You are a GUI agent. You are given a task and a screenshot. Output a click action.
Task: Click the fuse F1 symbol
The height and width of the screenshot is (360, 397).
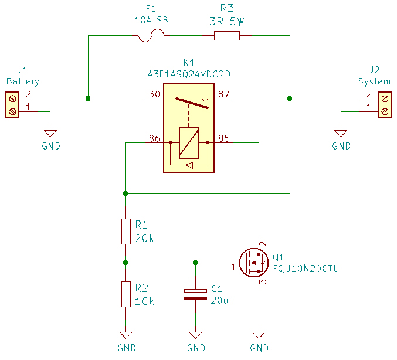click(x=151, y=36)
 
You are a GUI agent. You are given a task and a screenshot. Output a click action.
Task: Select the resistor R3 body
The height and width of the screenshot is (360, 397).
click(x=227, y=36)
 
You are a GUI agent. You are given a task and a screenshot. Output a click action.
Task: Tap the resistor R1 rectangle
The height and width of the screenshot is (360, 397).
click(x=125, y=231)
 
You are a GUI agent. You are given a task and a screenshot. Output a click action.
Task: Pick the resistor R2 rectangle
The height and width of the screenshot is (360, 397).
click(x=125, y=294)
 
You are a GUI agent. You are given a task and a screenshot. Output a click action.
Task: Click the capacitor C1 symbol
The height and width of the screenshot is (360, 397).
click(x=195, y=294)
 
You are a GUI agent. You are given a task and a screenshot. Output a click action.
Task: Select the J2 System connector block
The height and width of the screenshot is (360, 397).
click(x=384, y=104)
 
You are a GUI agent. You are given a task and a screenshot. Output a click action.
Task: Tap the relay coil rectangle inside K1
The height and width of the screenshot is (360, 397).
click(x=189, y=142)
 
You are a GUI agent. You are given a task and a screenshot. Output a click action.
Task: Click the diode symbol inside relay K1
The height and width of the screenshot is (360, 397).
click(x=189, y=165)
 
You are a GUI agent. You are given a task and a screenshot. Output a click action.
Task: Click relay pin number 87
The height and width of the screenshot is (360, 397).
click(x=223, y=94)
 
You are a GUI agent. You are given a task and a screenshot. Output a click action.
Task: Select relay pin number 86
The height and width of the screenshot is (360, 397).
click(x=154, y=138)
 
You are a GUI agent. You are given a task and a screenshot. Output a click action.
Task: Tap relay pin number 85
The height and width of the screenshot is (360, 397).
click(x=223, y=138)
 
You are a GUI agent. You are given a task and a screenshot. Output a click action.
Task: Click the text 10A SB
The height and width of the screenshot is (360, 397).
click(x=151, y=20)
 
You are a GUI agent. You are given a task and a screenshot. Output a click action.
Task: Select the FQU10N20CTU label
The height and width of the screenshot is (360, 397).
click(x=306, y=269)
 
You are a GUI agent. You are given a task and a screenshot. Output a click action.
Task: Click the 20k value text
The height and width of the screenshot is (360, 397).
click(x=145, y=238)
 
